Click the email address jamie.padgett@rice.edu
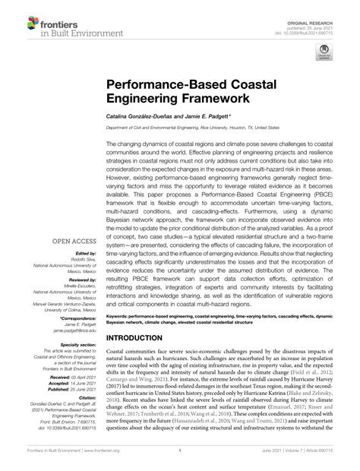(74, 331)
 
